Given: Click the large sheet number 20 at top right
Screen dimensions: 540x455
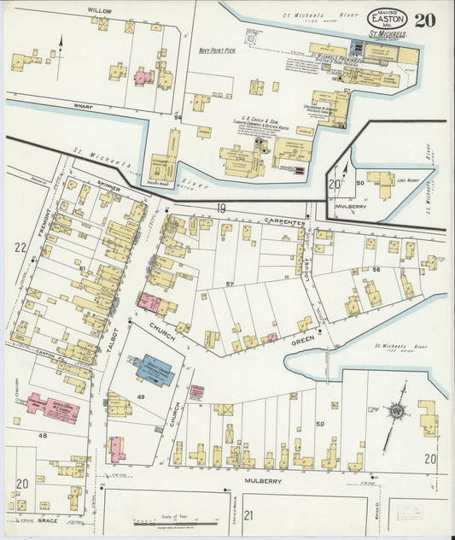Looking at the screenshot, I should pyautogui.click(x=424, y=20).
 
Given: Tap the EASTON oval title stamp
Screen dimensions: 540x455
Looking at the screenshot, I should pyautogui.click(x=387, y=18).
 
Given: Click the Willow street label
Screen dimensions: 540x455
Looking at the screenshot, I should pyautogui.click(x=100, y=11).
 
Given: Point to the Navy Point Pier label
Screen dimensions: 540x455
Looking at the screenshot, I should pyautogui.click(x=217, y=50).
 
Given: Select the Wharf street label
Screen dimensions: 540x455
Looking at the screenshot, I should pyautogui.click(x=83, y=107).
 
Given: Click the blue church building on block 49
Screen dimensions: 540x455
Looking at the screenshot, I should pyautogui.click(x=155, y=370).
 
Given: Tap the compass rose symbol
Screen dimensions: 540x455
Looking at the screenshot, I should pyautogui.click(x=396, y=411).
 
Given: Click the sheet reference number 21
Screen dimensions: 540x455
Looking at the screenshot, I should pyautogui.click(x=248, y=514).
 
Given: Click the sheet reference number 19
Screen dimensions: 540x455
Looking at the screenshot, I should pyautogui.click(x=220, y=208).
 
